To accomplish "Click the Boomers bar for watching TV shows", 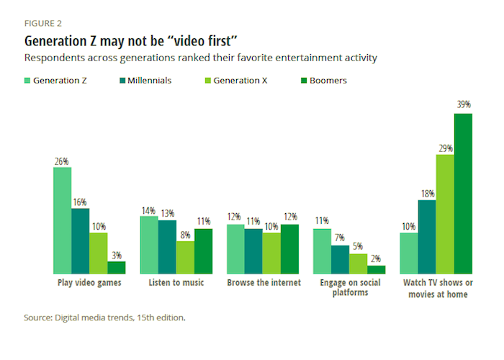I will coord(462,194).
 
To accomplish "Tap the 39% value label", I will coord(463,105).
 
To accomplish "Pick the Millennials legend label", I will coord(149,81).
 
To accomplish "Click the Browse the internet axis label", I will coord(264,283).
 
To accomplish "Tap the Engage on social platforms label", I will coord(349,288).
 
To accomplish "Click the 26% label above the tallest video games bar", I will coord(62,161).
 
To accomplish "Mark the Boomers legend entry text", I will coord(327,81).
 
